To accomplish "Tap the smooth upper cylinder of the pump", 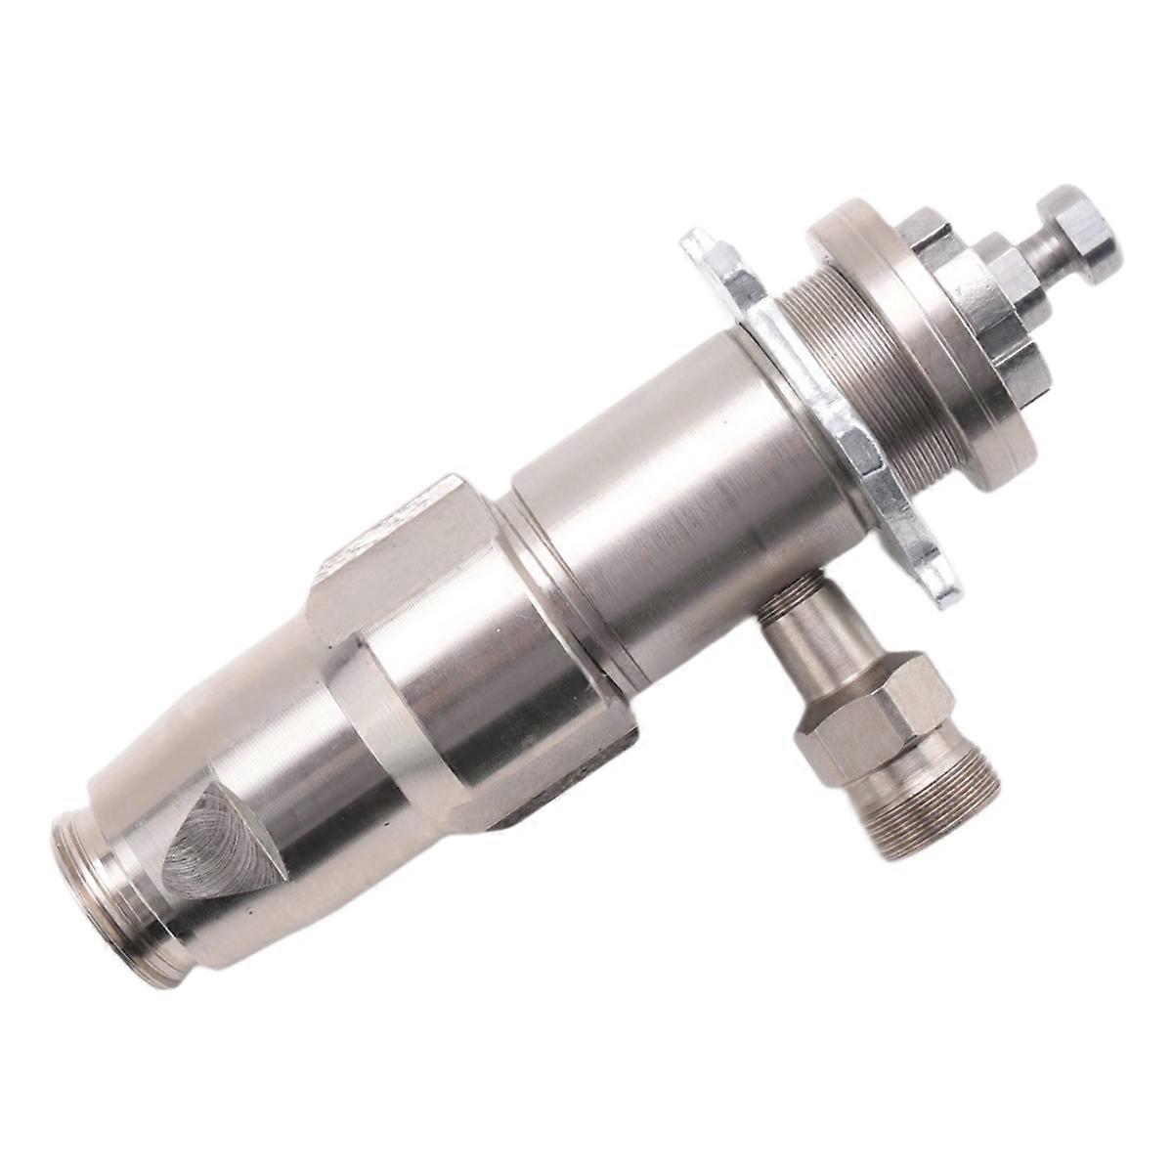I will point(645,489).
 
